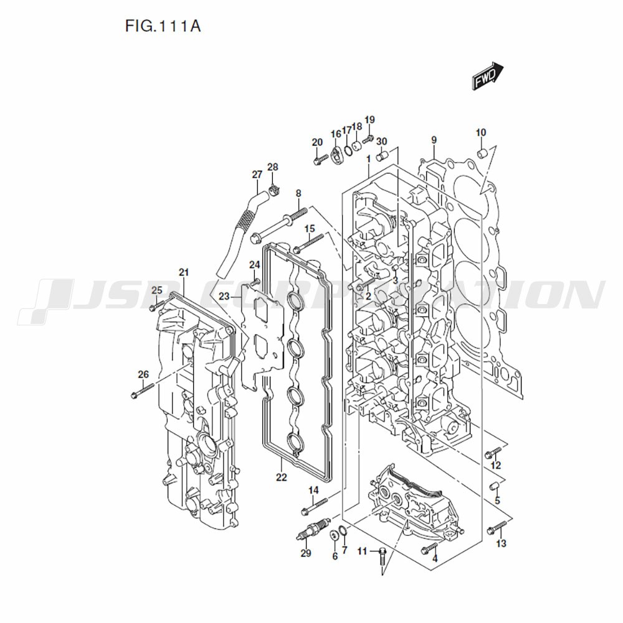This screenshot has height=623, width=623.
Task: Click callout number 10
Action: (480, 132)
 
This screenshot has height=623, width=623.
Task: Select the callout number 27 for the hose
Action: (257, 174)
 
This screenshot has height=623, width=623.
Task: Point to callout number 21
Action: (183, 272)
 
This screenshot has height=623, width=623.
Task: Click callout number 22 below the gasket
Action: (282, 477)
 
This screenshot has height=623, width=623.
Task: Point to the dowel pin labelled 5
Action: (495, 485)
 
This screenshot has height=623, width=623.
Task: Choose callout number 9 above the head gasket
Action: (434, 140)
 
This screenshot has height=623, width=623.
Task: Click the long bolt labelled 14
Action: (314, 505)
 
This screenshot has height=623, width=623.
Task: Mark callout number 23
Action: (224, 297)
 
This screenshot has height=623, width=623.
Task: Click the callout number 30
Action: (381, 141)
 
